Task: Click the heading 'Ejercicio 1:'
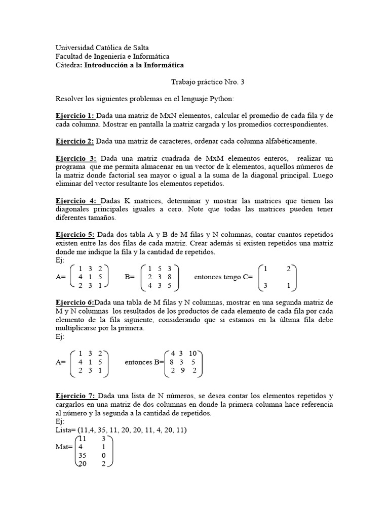pos(74,116)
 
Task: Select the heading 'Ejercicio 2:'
pos(74,141)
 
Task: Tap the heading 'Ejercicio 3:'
pos(75,159)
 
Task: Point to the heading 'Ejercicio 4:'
pos(76,201)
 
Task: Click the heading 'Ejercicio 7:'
pos(75,396)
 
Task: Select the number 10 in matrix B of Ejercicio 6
pos(192,353)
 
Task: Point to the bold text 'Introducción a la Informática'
pos(134,65)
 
